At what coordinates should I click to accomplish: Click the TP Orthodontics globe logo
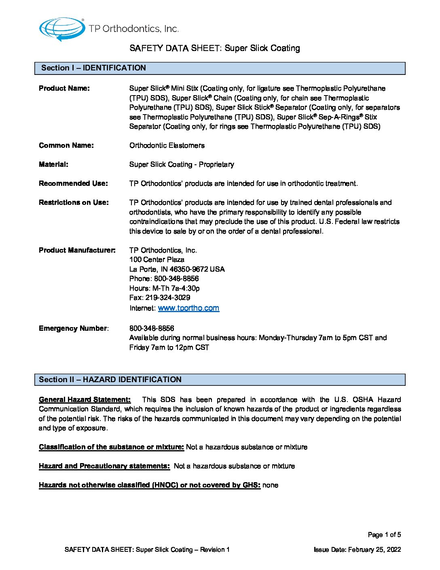(62, 29)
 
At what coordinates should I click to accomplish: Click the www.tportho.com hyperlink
(188, 308)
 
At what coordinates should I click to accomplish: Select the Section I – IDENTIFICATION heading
(93, 68)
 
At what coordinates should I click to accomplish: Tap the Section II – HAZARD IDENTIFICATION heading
(110, 380)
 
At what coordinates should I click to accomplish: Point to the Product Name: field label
(64, 88)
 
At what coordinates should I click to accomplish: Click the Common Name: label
(66, 145)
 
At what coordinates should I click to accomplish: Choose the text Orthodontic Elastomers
(167, 145)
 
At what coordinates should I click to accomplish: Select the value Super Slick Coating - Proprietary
(182, 164)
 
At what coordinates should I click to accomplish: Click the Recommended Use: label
(73, 183)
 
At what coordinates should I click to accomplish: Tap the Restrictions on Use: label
(74, 202)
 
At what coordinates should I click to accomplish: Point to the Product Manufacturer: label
(77, 250)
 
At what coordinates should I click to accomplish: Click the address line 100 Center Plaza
(157, 259)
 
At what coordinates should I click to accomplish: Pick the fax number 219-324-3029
(168, 298)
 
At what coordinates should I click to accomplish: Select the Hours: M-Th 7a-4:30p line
(165, 288)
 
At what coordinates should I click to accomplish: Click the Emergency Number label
(73, 328)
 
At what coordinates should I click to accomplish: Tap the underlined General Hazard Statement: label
(85, 400)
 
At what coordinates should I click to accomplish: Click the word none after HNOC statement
(270, 485)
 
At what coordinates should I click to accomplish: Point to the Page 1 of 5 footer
(384, 535)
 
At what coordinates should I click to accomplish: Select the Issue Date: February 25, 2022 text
(357, 550)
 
